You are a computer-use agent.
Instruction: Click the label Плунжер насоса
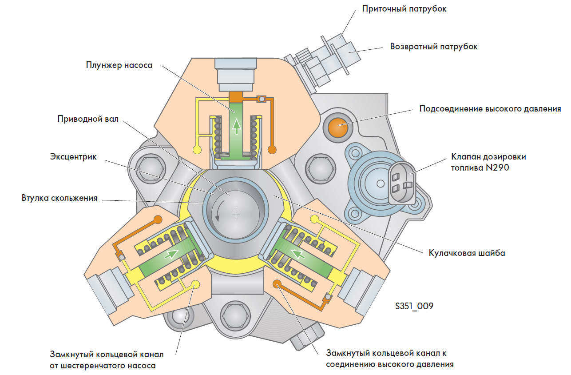click(x=119, y=65)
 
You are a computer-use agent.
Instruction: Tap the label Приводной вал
click(x=88, y=120)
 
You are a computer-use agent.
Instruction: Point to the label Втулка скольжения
click(x=59, y=198)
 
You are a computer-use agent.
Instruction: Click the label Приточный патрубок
click(x=404, y=9)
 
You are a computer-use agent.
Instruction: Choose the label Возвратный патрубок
click(x=434, y=46)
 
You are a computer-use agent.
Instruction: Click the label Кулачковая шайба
click(x=467, y=253)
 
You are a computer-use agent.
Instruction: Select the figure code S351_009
click(x=414, y=306)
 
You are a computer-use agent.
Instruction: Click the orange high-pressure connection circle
click(x=337, y=126)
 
